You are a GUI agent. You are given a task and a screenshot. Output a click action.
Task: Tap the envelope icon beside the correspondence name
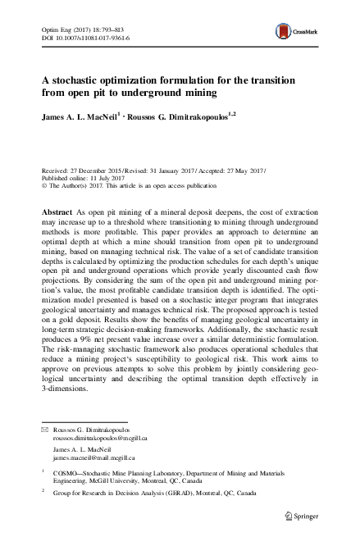(x=45, y=430)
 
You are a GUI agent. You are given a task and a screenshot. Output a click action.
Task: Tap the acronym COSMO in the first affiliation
(x=66, y=474)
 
